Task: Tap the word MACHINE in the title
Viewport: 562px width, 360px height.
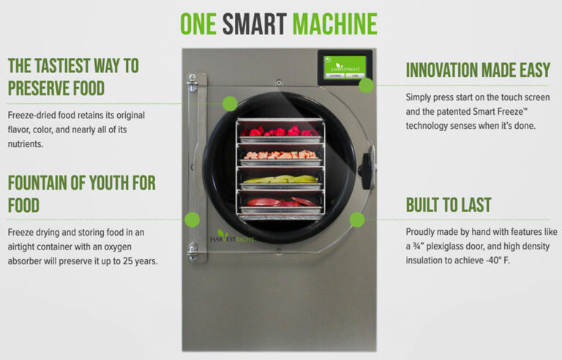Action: (334, 25)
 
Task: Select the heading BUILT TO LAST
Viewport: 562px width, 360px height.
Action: (448, 205)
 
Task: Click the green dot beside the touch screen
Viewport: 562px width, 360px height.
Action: (367, 84)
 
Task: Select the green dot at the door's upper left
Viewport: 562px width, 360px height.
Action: (230, 103)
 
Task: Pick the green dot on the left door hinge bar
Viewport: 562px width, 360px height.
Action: (192, 219)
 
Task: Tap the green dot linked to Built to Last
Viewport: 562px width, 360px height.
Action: (357, 219)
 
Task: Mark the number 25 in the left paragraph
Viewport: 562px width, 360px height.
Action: (132, 260)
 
